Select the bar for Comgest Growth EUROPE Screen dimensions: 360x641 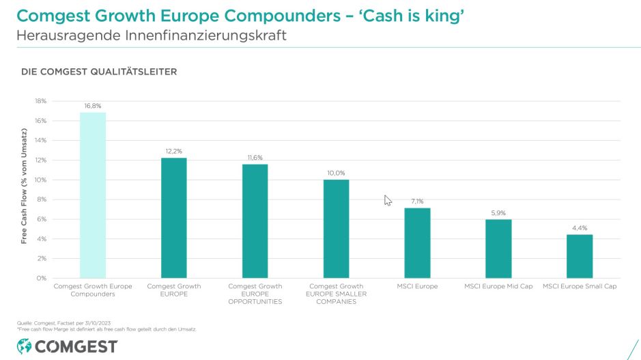(x=173, y=218)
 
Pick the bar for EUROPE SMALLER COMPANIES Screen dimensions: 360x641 (x=336, y=229)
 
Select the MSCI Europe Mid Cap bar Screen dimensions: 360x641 (x=498, y=249)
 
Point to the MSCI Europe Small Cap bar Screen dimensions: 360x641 (x=580, y=256)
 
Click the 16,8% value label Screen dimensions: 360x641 (x=93, y=106)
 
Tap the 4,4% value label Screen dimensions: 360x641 (x=580, y=228)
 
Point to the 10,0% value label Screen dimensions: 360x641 (x=336, y=174)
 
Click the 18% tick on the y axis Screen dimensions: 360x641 (x=40, y=101)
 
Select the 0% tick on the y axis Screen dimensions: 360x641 (x=42, y=278)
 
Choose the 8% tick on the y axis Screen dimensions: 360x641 (x=42, y=199)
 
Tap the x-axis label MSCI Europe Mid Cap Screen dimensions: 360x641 (x=498, y=286)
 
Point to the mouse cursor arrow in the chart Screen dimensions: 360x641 (x=388, y=200)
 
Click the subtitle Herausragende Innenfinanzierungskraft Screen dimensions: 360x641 (x=151, y=36)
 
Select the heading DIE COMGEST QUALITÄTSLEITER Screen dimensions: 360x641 (x=100, y=71)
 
